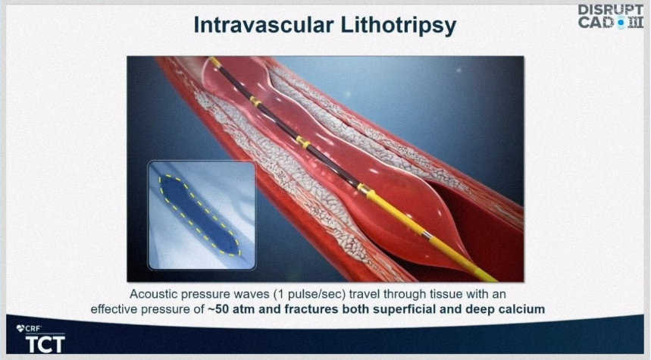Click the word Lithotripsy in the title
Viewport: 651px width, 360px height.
click(x=398, y=27)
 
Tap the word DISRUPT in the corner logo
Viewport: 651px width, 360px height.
click(x=610, y=10)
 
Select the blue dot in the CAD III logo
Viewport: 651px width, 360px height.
click(x=621, y=23)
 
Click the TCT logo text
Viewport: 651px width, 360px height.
click(x=45, y=344)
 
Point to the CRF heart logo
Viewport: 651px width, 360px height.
click(x=20, y=329)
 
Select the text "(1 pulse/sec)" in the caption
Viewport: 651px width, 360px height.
click(x=309, y=294)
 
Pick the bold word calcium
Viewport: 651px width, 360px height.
click(x=524, y=309)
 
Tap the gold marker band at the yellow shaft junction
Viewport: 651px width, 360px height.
click(x=365, y=190)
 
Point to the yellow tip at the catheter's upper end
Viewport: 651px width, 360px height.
click(x=215, y=61)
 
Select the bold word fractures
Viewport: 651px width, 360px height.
click(x=314, y=309)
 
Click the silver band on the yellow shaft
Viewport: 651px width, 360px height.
click(x=427, y=236)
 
